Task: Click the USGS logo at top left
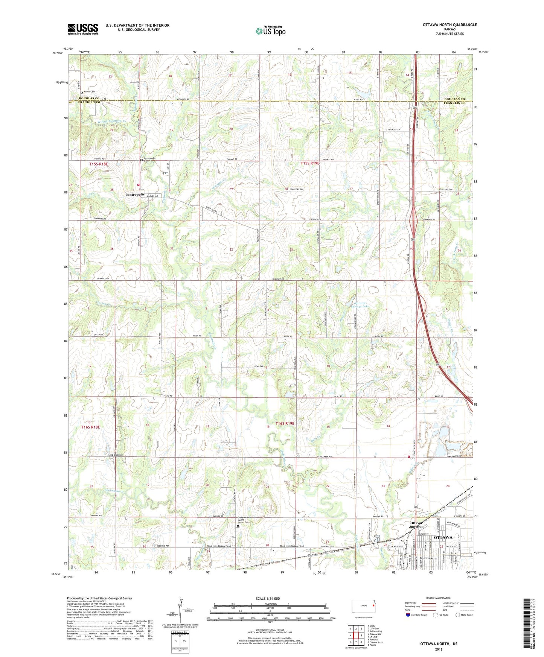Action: [83, 29]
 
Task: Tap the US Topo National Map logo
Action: [270, 30]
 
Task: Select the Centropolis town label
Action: [135, 195]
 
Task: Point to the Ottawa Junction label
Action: [416, 525]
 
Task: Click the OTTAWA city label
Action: [443, 537]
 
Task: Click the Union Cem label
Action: [90, 91]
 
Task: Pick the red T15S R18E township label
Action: [99, 164]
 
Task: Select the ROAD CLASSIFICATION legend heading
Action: [438, 598]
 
